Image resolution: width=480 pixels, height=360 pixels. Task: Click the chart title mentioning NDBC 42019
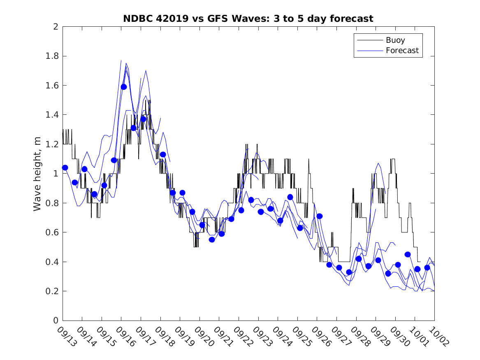(248, 19)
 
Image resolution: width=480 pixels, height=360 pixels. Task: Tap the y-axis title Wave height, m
(37, 173)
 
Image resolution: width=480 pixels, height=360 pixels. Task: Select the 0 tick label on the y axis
(55, 321)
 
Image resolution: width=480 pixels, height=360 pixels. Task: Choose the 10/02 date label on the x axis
(438, 336)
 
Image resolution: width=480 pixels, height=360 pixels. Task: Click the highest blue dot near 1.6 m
(124, 86)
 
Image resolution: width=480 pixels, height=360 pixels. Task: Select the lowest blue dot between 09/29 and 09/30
(388, 273)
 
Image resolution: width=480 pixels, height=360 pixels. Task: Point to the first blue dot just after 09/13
(65, 167)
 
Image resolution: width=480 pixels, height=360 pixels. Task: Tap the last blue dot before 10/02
(427, 267)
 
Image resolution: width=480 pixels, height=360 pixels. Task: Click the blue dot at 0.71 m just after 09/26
(320, 216)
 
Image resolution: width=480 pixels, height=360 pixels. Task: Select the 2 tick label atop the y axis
(55, 27)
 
